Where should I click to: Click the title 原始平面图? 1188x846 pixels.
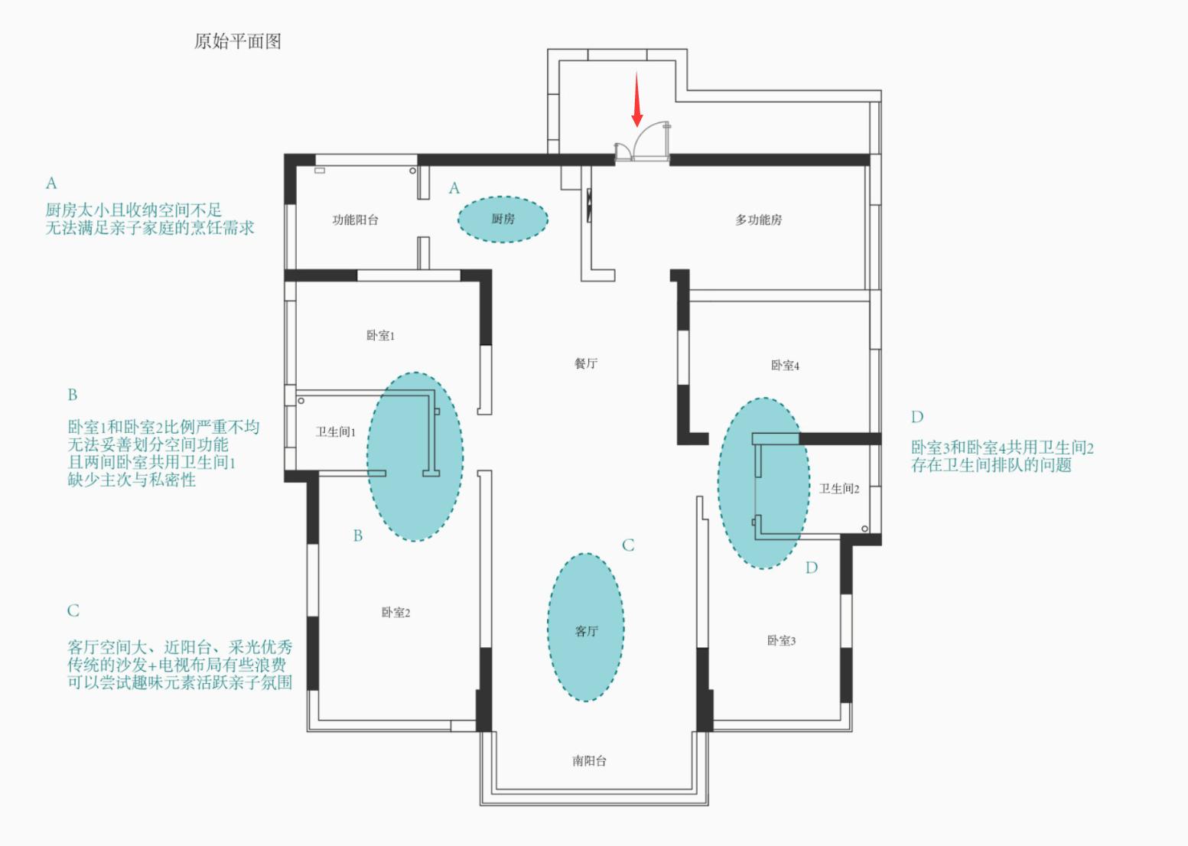[238, 41]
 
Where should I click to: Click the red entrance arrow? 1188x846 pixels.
[636, 99]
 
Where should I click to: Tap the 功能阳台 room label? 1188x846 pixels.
[355, 220]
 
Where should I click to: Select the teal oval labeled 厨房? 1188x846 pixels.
[503, 220]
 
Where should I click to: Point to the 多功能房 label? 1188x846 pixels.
[758, 220]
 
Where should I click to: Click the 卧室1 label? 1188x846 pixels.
[380, 336]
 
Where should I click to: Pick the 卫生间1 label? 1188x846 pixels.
[335, 432]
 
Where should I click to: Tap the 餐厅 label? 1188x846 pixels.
[586, 363]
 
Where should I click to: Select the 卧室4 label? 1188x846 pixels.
[785, 366]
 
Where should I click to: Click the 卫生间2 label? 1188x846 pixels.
[839, 489]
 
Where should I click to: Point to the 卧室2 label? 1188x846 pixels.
[395, 613]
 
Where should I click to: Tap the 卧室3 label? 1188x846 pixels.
[781, 641]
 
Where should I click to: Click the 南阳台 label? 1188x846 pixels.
[589, 761]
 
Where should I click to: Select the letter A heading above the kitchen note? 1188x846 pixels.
[51, 184]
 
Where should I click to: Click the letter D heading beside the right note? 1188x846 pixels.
[917, 417]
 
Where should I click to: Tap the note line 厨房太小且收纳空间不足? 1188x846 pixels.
[133, 210]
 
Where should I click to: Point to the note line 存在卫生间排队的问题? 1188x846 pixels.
[991, 465]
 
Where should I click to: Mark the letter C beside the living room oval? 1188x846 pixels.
[628, 545]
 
